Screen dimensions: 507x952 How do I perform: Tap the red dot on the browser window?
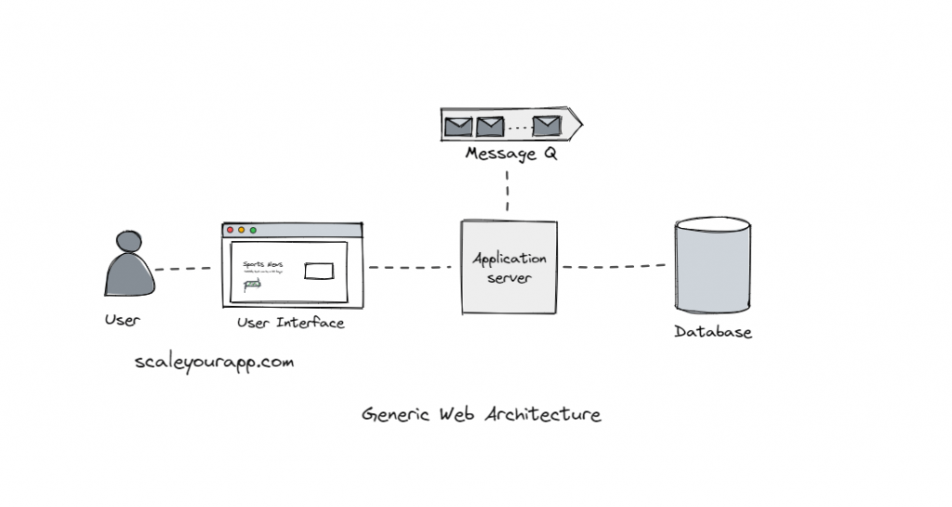pos(231,230)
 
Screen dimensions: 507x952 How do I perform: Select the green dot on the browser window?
pos(253,230)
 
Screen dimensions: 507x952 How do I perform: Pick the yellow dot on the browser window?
pos(242,230)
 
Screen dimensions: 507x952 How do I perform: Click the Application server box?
pos(509,267)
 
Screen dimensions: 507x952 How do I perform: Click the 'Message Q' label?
pos(510,154)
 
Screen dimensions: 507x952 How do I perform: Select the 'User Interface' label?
pos(290,323)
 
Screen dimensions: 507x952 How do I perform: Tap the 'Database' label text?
pos(713,332)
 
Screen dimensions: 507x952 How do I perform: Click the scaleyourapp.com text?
pos(214,362)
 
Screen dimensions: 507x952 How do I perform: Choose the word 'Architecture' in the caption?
pos(542,414)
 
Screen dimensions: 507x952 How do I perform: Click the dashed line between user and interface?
pos(183,269)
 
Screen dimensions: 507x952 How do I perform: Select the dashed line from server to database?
pos(614,266)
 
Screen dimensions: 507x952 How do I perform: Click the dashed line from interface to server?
pos(410,268)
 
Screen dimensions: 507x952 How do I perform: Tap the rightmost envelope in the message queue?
pos(547,125)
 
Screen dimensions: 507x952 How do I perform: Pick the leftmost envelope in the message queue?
pos(458,125)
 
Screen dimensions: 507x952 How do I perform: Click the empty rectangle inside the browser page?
pos(319,271)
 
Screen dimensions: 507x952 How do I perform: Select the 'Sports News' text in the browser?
pos(262,265)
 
